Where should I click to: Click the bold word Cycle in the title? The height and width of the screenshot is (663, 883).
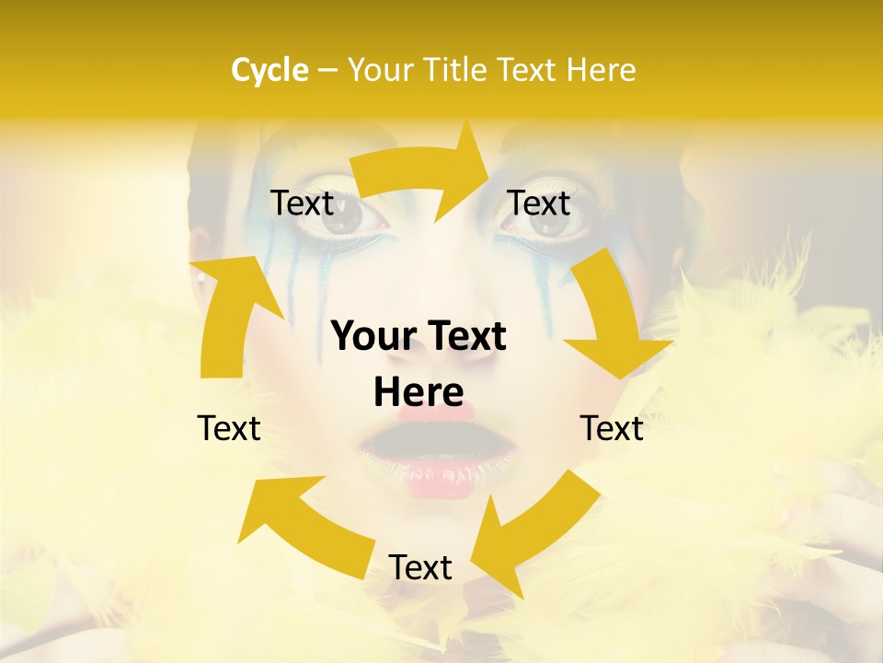tap(269, 70)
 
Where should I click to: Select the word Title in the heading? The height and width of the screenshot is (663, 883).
tap(456, 70)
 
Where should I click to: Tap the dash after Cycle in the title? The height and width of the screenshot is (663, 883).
tap(327, 71)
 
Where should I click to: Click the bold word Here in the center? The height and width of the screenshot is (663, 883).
tap(419, 392)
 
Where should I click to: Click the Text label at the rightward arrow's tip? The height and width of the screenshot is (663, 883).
tap(539, 203)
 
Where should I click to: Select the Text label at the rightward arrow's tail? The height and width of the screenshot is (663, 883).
tap(302, 203)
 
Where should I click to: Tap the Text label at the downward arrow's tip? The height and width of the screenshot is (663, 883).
tap(612, 428)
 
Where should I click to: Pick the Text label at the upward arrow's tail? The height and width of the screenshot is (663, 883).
tap(229, 428)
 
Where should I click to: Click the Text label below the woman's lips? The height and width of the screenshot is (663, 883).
tap(420, 568)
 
